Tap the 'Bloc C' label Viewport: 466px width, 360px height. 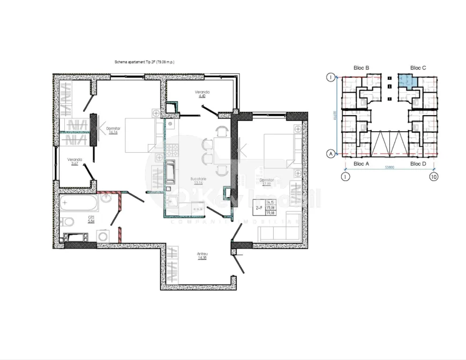pos(418,68)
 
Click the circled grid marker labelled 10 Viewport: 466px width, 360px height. pos(432,175)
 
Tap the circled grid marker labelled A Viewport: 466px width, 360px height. pos(331,154)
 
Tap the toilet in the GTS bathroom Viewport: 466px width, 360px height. pos(69,222)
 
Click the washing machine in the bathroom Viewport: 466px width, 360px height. pos(102,236)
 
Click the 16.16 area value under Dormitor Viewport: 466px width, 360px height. pos(112,133)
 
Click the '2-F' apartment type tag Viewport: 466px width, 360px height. pos(259,207)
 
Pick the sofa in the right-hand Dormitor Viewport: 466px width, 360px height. pos(279,232)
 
